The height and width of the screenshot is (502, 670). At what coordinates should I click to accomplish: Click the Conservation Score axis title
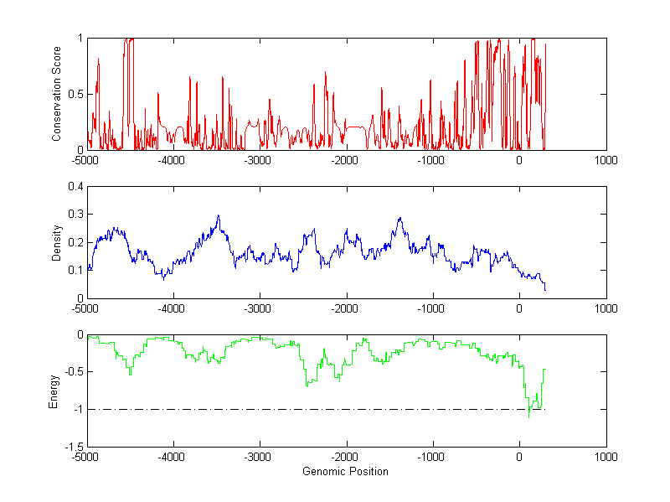pos(57,94)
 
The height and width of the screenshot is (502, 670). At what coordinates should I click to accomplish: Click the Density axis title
pos(57,242)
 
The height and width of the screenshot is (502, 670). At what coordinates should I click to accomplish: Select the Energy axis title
pos(54,391)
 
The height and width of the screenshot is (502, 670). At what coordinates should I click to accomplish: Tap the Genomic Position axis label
pos(345,472)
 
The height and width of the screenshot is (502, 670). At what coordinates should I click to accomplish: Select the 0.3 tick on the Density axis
pos(76,215)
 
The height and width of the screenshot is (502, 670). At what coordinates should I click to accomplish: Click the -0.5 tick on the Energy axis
pos(74,372)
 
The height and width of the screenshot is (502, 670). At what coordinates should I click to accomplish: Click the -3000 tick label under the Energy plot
pos(259,458)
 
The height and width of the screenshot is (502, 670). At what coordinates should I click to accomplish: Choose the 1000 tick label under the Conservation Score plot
pos(606,160)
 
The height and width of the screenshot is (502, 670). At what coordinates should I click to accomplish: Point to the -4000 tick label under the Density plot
pos(173,308)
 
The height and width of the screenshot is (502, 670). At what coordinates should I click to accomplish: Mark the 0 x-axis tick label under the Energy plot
pos(519,458)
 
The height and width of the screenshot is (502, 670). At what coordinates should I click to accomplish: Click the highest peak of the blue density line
pos(219,215)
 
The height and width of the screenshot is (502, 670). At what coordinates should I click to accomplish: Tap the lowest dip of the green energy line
pos(529,417)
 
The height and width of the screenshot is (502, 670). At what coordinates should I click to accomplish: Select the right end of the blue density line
pos(545,290)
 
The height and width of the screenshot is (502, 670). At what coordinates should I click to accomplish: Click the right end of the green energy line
pos(545,369)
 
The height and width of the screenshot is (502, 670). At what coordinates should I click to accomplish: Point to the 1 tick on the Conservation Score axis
pos(80,39)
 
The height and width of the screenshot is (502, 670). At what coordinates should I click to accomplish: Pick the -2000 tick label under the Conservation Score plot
pos(345,160)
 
